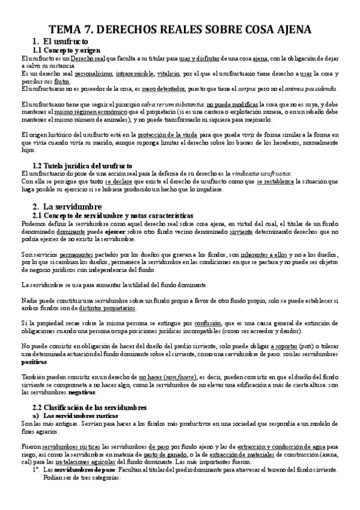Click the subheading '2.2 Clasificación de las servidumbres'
click(89, 407)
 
